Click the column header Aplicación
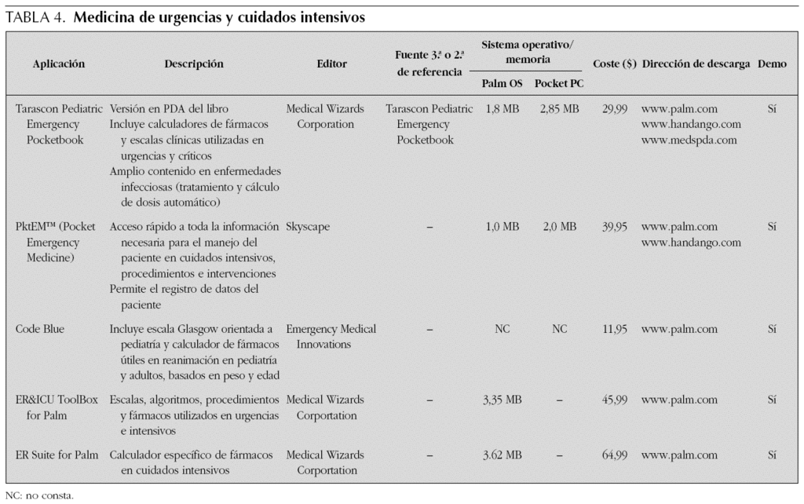(59, 64)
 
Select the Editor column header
(331, 64)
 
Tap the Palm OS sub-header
(502, 83)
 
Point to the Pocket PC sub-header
(559, 83)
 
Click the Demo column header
(773, 64)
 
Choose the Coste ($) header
(614, 64)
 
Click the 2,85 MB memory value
(559, 109)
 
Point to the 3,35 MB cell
(502, 400)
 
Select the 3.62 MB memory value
(502, 455)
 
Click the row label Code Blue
(40, 329)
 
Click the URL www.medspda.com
(689, 141)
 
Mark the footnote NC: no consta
(39, 495)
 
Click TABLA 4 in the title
(36, 17)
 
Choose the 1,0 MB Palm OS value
(502, 227)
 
